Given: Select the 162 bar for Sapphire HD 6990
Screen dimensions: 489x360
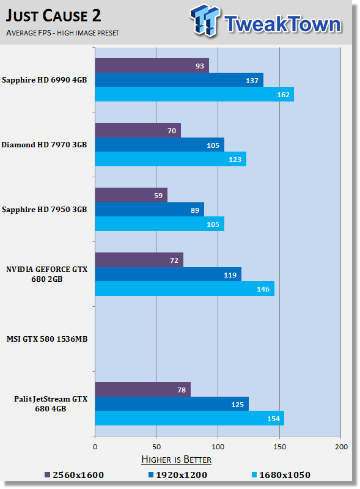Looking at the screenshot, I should click(194, 94).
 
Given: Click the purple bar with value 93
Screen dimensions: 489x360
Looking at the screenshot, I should click(152, 65).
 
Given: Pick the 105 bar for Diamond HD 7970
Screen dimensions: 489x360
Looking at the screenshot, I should click(159, 144).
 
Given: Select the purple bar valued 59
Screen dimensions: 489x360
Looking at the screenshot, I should click(131, 195).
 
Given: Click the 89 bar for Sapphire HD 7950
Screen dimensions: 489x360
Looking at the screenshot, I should click(149, 209).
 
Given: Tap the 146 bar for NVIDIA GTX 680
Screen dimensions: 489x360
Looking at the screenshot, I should click(184, 289).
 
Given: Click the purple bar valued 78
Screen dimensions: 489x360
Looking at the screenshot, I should click(142, 389).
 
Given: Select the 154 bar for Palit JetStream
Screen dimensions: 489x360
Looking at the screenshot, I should click(189, 418).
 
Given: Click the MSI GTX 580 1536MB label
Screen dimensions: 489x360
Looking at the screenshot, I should click(47, 339).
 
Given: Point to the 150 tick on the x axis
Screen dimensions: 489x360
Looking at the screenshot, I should click(279, 447).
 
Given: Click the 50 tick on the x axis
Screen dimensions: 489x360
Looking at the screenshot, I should click(156, 447).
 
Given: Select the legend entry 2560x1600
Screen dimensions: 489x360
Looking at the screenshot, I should click(74, 474).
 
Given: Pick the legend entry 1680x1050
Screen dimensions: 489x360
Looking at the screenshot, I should click(281, 474).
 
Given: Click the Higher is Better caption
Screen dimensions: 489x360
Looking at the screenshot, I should click(176, 459).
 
